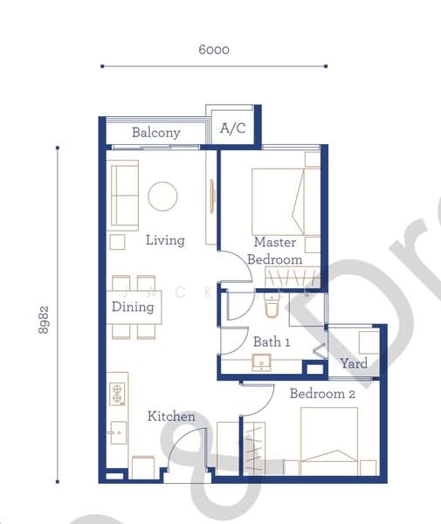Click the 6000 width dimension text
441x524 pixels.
pyautogui.click(x=214, y=50)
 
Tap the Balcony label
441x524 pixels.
pyautogui.click(x=156, y=133)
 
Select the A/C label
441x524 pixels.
pyautogui.click(x=233, y=129)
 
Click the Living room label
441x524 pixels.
pyautogui.click(x=165, y=239)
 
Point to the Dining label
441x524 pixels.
pyautogui.click(x=133, y=307)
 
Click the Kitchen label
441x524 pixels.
pyautogui.click(x=171, y=417)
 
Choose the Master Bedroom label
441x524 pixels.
pyautogui.click(x=275, y=251)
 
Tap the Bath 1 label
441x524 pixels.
pyautogui.click(x=271, y=341)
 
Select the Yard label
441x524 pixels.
pyautogui.click(x=354, y=363)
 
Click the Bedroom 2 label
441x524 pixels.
pyautogui.click(x=323, y=394)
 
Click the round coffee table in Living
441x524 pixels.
pyautogui.click(x=162, y=196)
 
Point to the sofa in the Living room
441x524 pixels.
pyautogui.click(x=124, y=196)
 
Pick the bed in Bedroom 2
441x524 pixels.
pyautogui.click(x=329, y=442)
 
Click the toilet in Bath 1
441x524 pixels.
pyautogui.click(x=271, y=310)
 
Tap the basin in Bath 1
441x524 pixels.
pyautogui.click(x=262, y=363)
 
